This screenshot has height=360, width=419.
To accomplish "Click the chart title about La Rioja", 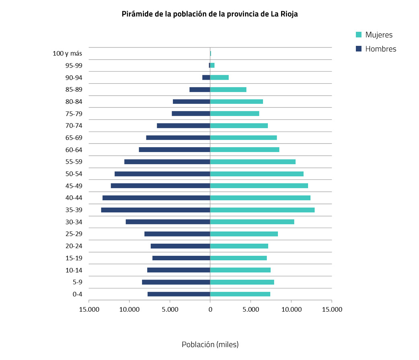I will click(x=209, y=14).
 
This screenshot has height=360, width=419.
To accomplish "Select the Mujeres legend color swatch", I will click(x=359, y=35).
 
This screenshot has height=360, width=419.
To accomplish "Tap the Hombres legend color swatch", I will click(x=359, y=49).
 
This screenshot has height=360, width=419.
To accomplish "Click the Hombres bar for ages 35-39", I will click(x=156, y=210).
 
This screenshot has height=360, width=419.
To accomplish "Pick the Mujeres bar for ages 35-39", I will click(x=262, y=210).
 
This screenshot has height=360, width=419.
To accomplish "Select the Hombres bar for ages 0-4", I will click(x=179, y=294).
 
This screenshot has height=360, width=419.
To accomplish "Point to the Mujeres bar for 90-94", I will click(x=220, y=78).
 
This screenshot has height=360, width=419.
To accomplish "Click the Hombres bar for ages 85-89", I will click(x=200, y=90).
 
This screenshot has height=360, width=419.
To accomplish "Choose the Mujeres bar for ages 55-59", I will click(x=253, y=162).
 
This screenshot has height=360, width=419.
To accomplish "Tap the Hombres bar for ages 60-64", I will click(x=175, y=150).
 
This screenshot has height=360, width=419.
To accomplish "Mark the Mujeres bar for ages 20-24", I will click(x=239, y=246).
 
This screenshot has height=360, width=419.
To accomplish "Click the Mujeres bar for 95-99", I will click(x=212, y=66).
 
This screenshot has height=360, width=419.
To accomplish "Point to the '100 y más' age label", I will click(x=68, y=53).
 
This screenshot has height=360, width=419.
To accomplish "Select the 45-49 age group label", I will click(x=74, y=186).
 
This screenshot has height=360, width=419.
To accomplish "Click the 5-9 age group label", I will click(x=77, y=282).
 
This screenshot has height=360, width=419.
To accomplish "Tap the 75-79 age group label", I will click(x=74, y=114).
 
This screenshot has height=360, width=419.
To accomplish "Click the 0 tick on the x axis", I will click(x=210, y=309).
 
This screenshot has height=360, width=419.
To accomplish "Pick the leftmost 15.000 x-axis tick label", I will click(x=89, y=309).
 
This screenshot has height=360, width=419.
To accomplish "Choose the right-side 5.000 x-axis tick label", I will click(x=251, y=309).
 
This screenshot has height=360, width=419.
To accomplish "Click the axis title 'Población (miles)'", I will click(x=210, y=345).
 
